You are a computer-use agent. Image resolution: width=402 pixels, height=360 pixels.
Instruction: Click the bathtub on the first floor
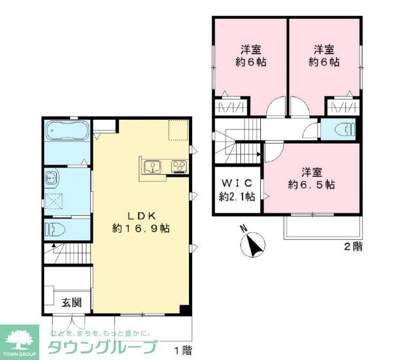click(x=67, y=131)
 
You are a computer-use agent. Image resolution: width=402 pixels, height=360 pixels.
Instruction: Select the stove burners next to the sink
click(x=179, y=167)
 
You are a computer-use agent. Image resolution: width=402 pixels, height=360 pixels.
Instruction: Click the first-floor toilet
click(x=55, y=230)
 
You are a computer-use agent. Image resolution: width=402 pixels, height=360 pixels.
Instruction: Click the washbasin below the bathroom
click(x=52, y=177)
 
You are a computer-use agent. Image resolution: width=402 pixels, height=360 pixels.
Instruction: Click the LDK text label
click(x=141, y=215)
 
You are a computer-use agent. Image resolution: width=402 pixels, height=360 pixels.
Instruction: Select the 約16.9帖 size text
click(x=141, y=228)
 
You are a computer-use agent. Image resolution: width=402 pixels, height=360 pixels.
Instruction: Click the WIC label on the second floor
click(x=237, y=183)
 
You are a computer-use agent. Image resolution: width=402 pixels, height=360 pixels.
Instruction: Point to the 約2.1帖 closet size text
click(x=237, y=197)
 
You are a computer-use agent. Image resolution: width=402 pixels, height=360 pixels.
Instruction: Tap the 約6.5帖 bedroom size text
click(x=311, y=185)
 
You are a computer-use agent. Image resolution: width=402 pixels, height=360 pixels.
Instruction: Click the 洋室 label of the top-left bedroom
click(x=251, y=49)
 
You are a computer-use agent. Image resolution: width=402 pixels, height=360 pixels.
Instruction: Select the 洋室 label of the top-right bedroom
click(x=324, y=49)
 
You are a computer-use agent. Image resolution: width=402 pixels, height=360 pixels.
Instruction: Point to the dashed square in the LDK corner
click(x=178, y=131)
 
